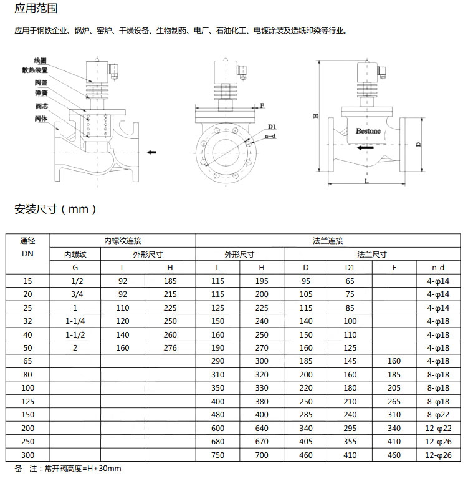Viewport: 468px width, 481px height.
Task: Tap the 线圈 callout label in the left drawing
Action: pyautogui.click(x=40, y=61)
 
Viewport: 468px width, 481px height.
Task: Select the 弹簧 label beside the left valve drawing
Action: pyautogui.click(x=42, y=93)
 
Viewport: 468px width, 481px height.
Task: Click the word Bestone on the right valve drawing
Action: pyautogui.click(x=368, y=132)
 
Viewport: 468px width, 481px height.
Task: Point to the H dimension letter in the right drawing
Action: pyautogui.click(x=316, y=116)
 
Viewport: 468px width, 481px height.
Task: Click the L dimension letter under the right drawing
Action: pyautogui.click(x=366, y=181)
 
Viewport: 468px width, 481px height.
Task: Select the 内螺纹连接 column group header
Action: pyautogui.click(x=123, y=240)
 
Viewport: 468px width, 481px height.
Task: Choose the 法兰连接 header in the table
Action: pyautogui.click(x=328, y=240)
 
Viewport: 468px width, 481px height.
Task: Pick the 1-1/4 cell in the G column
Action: pyautogui.click(x=76, y=321)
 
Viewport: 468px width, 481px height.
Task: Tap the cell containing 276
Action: pyautogui.click(x=171, y=348)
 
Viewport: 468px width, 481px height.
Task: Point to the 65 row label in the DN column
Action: pyautogui.click(x=27, y=361)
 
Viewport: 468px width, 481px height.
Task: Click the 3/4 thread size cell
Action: pyautogui.click(x=76, y=294)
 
